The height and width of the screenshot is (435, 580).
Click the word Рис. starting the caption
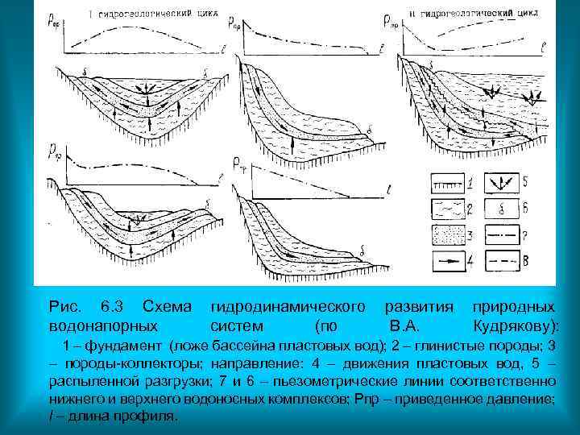click(x=64, y=307)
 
